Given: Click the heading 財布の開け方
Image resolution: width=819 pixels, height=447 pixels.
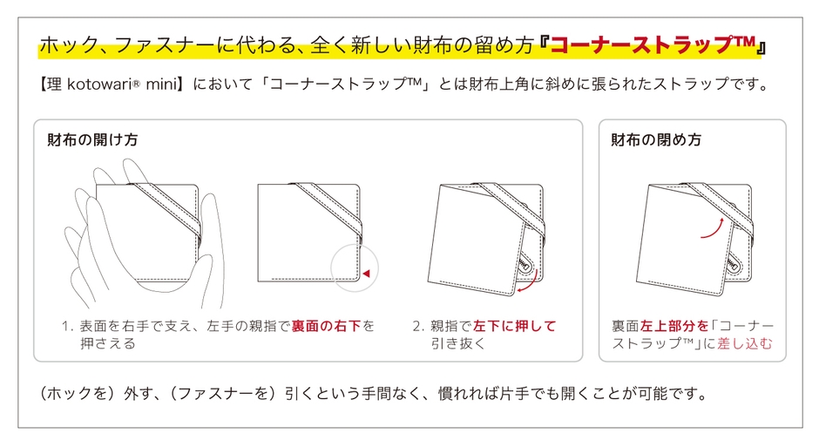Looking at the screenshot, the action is point(92,140).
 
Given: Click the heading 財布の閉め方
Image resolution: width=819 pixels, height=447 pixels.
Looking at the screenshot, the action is point(656,140).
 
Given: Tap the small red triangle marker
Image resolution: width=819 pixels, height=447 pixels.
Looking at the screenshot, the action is point(366,273).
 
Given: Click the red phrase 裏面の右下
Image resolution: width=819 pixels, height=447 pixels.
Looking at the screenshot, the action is point(326,327).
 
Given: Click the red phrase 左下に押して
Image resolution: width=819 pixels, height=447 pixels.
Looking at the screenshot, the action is point(514,327).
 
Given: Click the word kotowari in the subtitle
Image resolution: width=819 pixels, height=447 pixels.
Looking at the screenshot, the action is point(99,84).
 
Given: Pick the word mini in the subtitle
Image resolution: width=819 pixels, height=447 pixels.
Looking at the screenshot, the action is point(161,84).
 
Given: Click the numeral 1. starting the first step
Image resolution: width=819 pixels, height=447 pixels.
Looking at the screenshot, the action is point(67,327).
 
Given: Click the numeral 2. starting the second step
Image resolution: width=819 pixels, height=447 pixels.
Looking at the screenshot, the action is point(418,327).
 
